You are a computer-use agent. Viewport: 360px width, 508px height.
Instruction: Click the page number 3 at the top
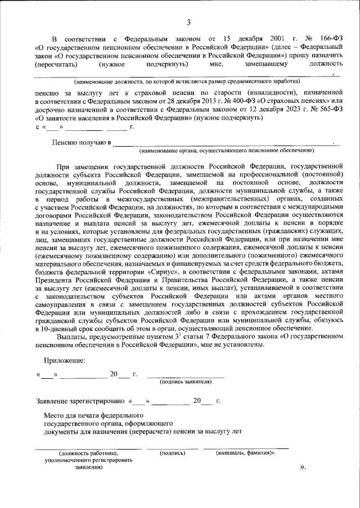tap(188, 22)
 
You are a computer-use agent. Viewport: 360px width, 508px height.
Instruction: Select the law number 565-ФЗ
tap(330, 111)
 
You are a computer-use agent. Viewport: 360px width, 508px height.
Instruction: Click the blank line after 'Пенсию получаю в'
tap(225, 143)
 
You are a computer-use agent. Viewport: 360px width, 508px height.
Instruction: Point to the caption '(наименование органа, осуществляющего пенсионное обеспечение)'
tap(227, 151)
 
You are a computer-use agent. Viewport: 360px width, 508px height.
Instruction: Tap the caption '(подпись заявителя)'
tap(186, 382)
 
